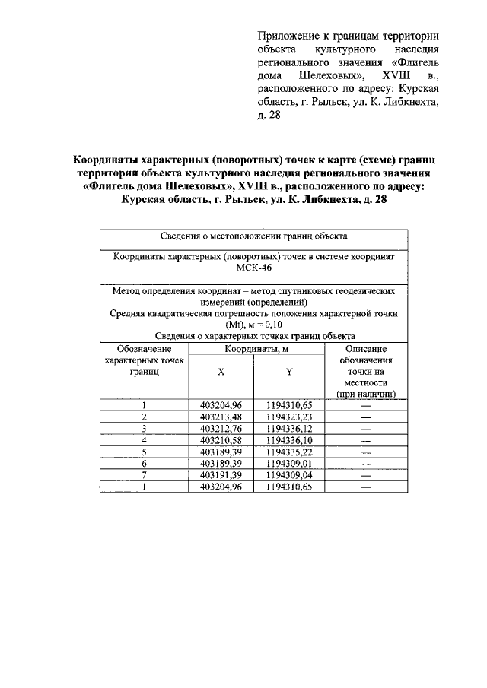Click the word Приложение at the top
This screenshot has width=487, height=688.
(288, 36)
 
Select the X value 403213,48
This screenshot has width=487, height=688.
(221, 417)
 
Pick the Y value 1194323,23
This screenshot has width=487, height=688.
(289, 417)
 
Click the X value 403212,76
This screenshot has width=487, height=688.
(221, 428)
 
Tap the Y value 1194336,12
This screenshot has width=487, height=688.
(289, 428)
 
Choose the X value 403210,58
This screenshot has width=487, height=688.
(221, 439)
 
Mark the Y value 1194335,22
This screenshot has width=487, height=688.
(289, 451)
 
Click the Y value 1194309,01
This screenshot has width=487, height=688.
(289, 462)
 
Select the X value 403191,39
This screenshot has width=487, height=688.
(221, 474)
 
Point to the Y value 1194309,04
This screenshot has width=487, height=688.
(289, 474)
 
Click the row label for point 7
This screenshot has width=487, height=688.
(144, 474)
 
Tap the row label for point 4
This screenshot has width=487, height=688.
(144, 439)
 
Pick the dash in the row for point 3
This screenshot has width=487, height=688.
(365, 428)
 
